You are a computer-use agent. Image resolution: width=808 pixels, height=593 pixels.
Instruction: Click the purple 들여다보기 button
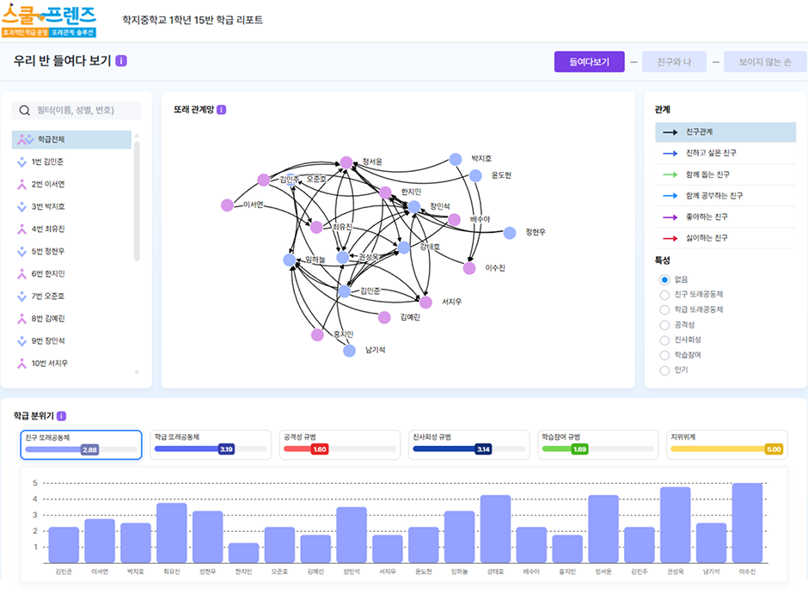click(589, 62)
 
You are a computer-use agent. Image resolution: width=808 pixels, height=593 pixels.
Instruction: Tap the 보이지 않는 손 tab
click(764, 62)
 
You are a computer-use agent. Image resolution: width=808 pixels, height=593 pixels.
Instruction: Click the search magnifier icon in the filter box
click(26, 111)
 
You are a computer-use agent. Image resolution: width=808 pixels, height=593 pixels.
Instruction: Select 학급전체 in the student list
click(51, 139)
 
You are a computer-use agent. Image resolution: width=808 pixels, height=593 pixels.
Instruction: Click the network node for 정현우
click(510, 232)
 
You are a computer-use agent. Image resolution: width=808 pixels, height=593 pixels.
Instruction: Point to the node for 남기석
click(349, 350)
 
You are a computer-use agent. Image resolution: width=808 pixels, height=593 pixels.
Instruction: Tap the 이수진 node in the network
click(469, 268)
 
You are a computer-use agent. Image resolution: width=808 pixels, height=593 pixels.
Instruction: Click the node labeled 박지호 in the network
click(456, 159)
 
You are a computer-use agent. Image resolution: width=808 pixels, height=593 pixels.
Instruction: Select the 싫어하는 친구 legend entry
click(707, 237)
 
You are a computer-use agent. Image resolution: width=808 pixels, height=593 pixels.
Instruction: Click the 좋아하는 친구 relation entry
click(707, 217)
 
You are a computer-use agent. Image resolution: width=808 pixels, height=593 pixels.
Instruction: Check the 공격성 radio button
click(664, 325)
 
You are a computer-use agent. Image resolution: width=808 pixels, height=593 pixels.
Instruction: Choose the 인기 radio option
click(664, 370)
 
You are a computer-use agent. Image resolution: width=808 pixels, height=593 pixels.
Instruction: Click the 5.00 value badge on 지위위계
click(774, 449)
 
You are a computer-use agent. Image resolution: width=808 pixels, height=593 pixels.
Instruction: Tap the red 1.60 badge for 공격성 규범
click(319, 449)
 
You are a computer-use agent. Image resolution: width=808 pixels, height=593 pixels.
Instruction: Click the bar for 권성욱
click(675, 524)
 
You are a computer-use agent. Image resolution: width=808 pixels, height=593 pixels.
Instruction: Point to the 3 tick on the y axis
click(35, 515)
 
